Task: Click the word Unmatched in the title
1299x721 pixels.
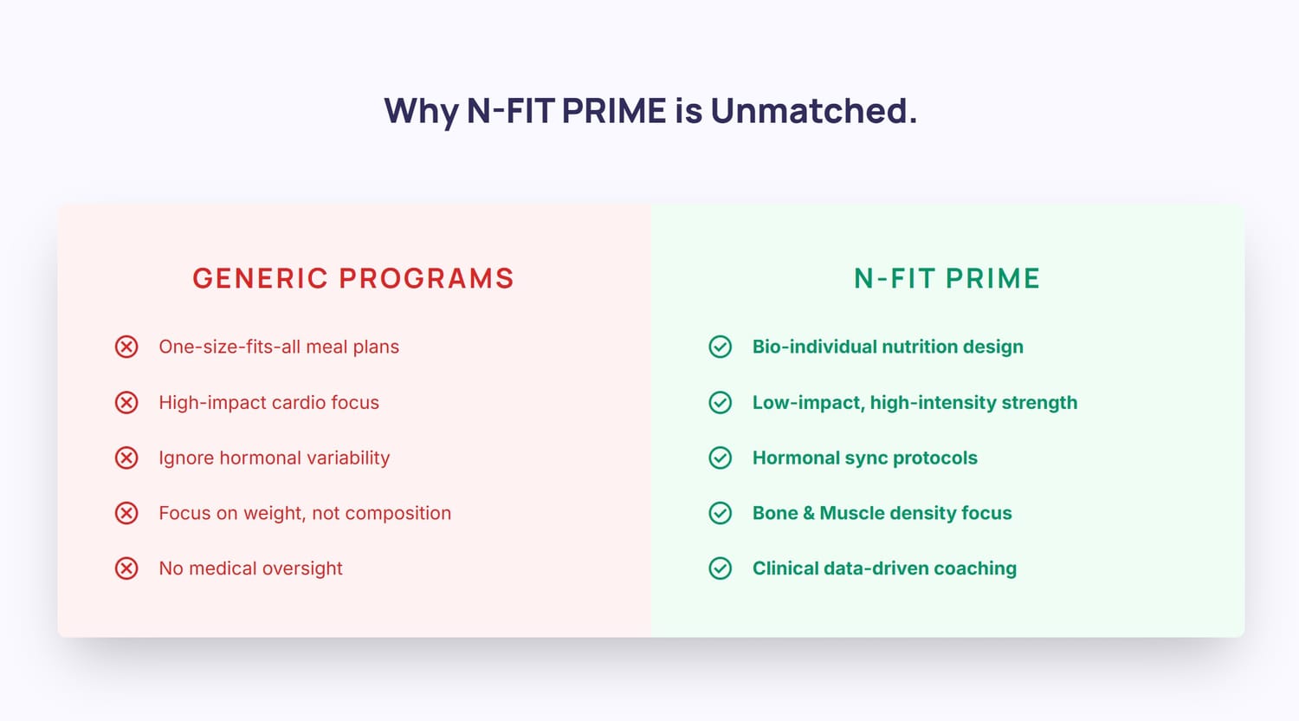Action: (x=814, y=110)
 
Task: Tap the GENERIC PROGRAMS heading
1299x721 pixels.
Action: (x=353, y=278)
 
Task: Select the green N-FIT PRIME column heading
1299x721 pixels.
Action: (x=947, y=278)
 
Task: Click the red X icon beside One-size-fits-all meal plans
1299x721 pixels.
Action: (x=126, y=347)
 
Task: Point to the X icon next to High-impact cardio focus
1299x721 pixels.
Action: (x=126, y=402)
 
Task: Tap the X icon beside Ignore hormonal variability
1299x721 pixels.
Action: (x=126, y=458)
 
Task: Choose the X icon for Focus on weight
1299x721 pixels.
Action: (x=126, y=513)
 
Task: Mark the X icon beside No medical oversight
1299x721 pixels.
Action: (x=126, y=568)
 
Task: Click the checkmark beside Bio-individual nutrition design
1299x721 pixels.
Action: (x=721, y=347)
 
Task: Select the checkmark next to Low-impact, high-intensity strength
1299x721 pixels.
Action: (x=721, y=402)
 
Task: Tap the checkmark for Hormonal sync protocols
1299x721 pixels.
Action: (x=721, y=458)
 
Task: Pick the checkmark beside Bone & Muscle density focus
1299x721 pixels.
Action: (x=721, y=513)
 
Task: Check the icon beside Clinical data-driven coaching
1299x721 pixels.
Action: (x=721, y=568)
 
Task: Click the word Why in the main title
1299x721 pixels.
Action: (x=422, y=112)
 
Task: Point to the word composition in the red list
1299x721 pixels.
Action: (x=398, y=514)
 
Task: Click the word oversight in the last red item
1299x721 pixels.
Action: (x=302, y=568)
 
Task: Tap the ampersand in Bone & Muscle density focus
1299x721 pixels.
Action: (x=809, y=513)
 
